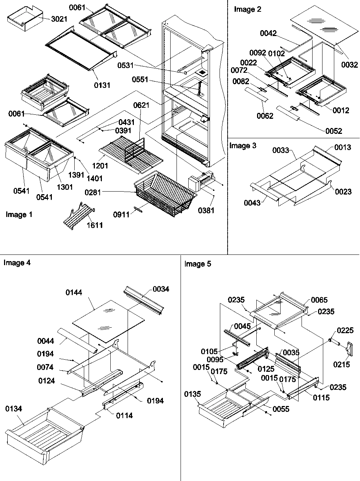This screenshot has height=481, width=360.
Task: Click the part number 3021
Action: tap(59, 19)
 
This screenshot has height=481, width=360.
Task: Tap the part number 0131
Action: tap(101, 85)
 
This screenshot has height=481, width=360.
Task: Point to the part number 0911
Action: tap(122, 214)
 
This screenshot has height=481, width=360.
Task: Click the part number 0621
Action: tap(141, 106)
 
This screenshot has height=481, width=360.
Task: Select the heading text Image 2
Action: tap(247, 10)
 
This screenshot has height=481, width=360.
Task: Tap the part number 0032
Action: tap(349, 65)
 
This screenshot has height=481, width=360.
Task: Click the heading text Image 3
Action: tap(243, 146)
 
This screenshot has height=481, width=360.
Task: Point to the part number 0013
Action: tap(343, 147)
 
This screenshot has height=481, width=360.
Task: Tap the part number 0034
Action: tap(161, 289)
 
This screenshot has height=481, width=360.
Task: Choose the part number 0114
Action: tap(124, 416)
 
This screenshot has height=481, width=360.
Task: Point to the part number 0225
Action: tap(345, 330)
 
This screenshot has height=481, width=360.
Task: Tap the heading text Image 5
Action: tap(198, 264)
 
